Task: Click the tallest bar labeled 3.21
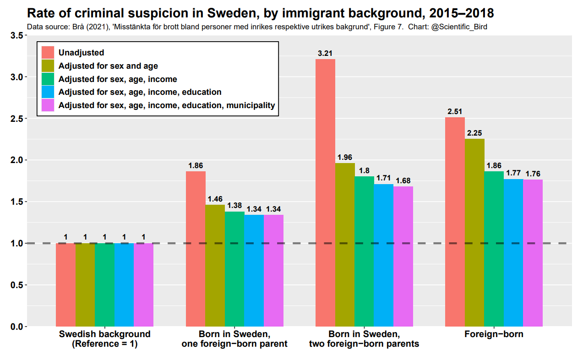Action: point(325,192)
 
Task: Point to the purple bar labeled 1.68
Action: point(403,256)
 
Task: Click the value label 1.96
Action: point(344,158)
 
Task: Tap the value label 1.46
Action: point(215,199)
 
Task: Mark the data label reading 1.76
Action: point(533,174)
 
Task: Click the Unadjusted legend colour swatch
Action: point(48,53)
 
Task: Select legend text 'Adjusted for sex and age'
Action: point(108,66)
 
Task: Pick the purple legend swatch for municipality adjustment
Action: point(48,105)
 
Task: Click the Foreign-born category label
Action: point(494,334)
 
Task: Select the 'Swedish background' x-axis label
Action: point(104,334)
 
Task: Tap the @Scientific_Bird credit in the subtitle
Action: point(459,27)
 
